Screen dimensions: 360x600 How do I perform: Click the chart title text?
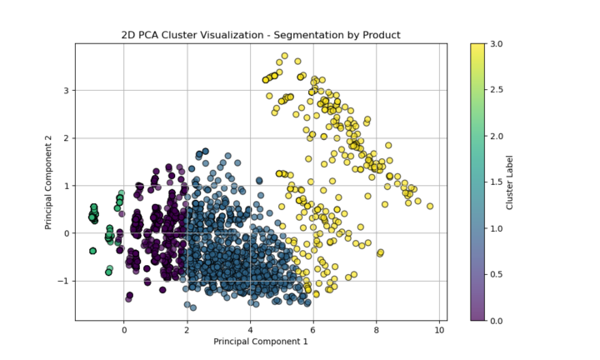pos(261,35)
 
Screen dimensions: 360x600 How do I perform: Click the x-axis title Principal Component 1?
pos(261,342)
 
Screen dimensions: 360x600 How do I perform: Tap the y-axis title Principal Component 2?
pos(48,182)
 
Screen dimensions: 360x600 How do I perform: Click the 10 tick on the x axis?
pos(439,330)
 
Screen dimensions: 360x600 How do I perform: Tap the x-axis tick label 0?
pos(124,330)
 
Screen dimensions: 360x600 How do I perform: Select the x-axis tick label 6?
pos(313,330)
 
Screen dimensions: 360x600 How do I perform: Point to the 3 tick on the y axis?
pos(66,90)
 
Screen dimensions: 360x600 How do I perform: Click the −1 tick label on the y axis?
pos(62,281)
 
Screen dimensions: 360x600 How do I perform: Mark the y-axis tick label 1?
pos(66,186)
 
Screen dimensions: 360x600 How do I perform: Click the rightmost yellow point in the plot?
pos(430,206)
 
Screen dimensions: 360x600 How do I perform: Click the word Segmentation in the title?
pos(304,35)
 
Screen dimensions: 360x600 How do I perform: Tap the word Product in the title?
pos(380,35)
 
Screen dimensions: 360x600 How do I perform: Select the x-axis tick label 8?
pos(377,330)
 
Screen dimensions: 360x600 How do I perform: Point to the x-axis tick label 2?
pos(187,330)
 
